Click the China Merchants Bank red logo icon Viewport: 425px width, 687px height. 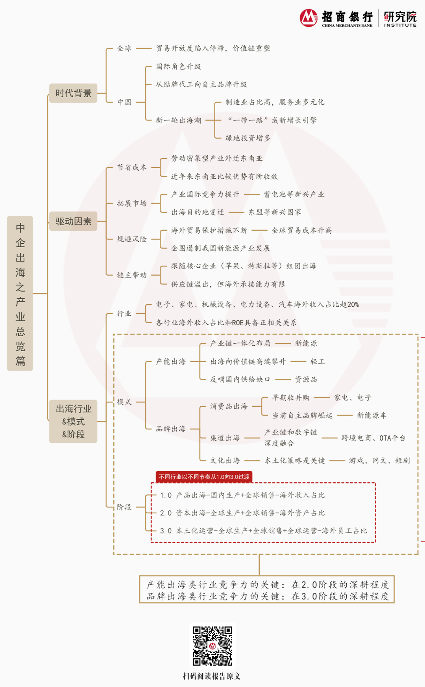(x=309, y=18)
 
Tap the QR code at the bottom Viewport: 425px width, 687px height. (x=212, y=646)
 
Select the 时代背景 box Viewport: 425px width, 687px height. (x=73, y=93)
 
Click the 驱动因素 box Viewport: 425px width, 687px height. (x=73, y=221)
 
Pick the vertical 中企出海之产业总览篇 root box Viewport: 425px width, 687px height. (x=20, y=293)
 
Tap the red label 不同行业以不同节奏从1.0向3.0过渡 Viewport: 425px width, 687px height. (x=204, y=477)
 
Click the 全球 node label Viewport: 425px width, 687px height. (x=124, y=48)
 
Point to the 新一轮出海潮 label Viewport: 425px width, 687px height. (x=178, y=120)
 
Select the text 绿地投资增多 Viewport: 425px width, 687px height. (x=248, y=138)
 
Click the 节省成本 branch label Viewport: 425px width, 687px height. (x=132, y=167)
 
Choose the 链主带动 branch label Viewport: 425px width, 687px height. (x=132, y=275)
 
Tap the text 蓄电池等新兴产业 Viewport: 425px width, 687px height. (x=294, y=194)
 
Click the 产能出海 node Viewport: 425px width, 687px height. (x=170, y=361)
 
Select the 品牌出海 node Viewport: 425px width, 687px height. (x=170, y=429)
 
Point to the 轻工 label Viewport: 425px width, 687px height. (x=317, y=361)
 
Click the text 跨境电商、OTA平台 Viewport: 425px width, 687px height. (x=373, y=438)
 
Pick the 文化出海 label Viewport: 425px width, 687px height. (x=225, y=460)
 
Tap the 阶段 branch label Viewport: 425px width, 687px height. (x=124, y=507)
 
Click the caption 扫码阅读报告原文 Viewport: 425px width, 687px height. (x=212, y=676)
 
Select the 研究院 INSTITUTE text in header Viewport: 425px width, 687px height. (x=400, y=19)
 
